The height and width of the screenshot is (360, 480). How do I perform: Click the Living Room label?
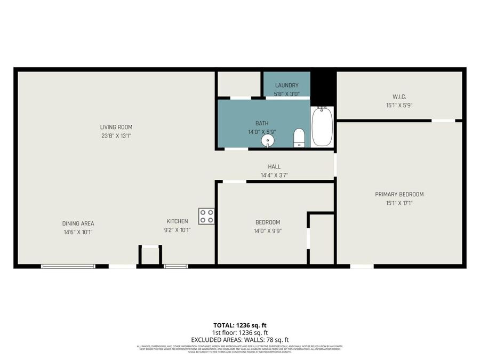tap(116, 127)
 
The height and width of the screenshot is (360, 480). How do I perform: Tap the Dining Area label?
tap(78, 223)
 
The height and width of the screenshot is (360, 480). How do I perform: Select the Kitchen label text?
tap(177, 221)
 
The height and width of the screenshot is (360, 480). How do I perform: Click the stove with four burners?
tap(206, 216)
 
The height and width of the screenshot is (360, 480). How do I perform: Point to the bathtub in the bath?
tap(322, 126)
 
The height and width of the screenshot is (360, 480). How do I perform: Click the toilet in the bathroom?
tap(299, 138)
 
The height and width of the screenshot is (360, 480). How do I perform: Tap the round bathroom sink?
tap(268, 140)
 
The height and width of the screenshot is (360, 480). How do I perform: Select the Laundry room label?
tap(286, 85)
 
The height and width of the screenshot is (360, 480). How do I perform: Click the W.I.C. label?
tap(399, 97)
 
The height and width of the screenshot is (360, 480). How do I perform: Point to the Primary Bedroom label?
tap(399, 194)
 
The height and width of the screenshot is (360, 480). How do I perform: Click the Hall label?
tap(274, 166)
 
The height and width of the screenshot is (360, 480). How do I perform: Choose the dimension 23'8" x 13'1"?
tap(116, 135)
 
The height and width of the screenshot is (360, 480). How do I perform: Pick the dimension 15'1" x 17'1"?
tap(399, 203)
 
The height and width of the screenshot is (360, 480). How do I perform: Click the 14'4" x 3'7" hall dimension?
tap(274, 175)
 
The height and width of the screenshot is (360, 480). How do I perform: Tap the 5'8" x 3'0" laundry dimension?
tap(286, 94)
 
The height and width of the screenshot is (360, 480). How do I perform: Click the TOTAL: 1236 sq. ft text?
tap(239, 325)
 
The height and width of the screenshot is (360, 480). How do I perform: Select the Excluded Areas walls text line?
tap(239, 340)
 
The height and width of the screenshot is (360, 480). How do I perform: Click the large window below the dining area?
tap(68, 266)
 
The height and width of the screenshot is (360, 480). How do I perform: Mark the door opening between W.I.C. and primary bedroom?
tap(443, 121)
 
